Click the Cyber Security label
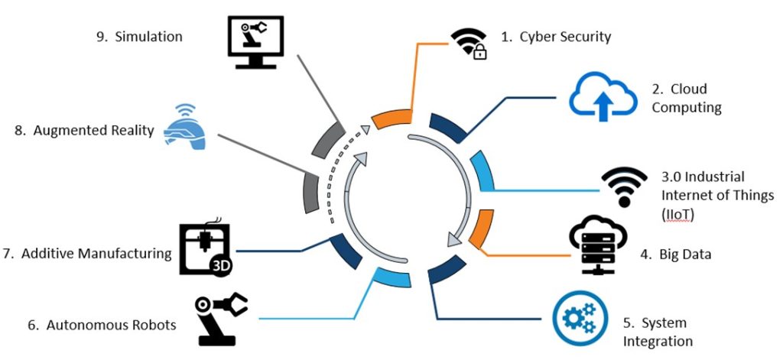pyautogui.click(x=556, y=37)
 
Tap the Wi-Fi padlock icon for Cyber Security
pyautogui.click(x=469, y=44)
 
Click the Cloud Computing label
pyautogui.click(x=687, y=99)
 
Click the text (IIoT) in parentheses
pyautogui.click(x=678, y=216)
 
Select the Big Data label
pyautogui.click(x=685, y=255)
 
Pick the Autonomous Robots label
pyautogui.click(x=102, y=326)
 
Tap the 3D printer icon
pyautogui.click(x=205, y=248)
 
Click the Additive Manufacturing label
pyautogui.click(x=96, y=253)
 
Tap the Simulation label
pyautogui.click(x=140, y=37)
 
